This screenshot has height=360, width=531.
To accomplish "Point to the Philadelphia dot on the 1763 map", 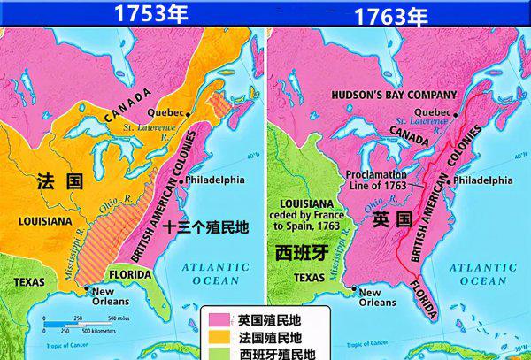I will (449, 180).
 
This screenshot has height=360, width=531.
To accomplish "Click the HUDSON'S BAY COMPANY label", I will (395, 95).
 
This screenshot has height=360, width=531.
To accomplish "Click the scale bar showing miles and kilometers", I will (80, 326).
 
